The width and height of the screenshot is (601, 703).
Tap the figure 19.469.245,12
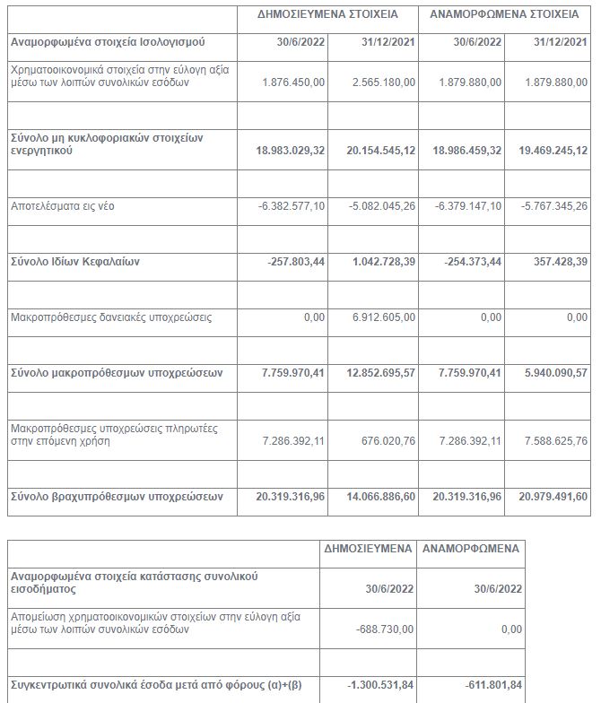[x=550, y=151]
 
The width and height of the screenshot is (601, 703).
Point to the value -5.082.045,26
[x=381, y=206]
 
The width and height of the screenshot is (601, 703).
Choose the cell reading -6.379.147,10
[x=468, y=206]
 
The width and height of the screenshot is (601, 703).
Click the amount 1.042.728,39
[x=381, y=261]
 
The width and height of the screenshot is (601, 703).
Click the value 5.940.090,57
[x=553, y=372]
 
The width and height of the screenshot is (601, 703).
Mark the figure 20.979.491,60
[x=550, y=496]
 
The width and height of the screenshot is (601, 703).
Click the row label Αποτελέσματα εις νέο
[x=63, y=206]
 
